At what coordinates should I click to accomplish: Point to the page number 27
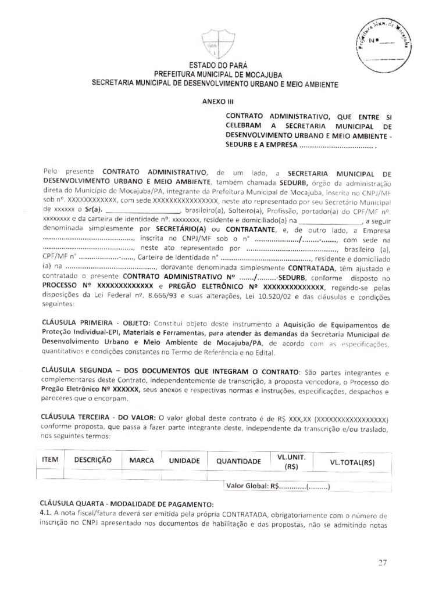click(x=382, y=561)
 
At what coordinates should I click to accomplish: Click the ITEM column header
click(x=51, y=460)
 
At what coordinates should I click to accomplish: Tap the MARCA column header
click(x=141, y=460)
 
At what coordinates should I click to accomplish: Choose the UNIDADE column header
click(x=184, y=460)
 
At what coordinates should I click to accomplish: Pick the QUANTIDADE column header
click(x=238, y=460)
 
